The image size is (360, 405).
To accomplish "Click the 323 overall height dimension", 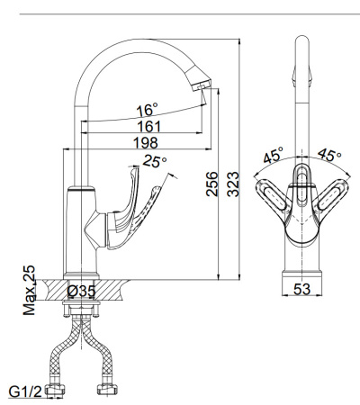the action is click(x=233, y=184).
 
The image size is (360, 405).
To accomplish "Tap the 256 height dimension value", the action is click(x=212, y=184).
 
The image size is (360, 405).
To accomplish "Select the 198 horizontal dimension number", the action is click(x=146, y=143).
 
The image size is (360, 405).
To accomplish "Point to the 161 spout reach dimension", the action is click(x=149, y=127).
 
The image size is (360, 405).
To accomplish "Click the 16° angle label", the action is click(x=147, y=110).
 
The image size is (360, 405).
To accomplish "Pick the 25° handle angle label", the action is click(x=155, y=161).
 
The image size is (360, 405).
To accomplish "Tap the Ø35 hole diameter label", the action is click(x=81, y=291).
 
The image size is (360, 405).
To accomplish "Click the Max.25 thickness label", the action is click(x=29, y=290).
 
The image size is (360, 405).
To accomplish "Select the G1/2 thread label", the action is click(x=25, y=391).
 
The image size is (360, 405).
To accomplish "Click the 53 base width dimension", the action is click(x=301, y=289).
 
